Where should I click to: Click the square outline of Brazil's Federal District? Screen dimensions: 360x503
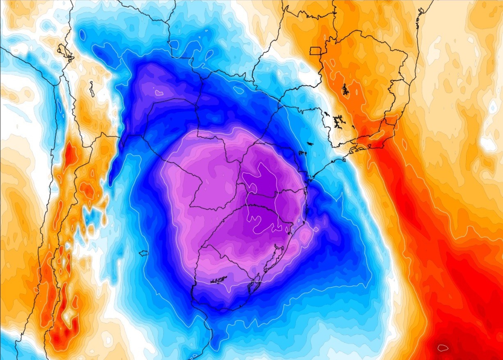tap(316, 50)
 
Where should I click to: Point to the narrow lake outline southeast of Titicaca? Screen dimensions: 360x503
tap(92, 89)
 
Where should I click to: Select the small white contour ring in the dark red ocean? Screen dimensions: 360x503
tap(443, 348)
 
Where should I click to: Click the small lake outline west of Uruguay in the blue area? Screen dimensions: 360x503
tap(143, 253)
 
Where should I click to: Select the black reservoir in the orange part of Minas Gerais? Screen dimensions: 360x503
tap(345, 89)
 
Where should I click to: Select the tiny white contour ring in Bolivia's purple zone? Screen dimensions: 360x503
tap(159, 93)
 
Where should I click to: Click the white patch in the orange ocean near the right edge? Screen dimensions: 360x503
tap(488, 144)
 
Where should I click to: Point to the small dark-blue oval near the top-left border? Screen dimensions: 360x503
tap(83, 35)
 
